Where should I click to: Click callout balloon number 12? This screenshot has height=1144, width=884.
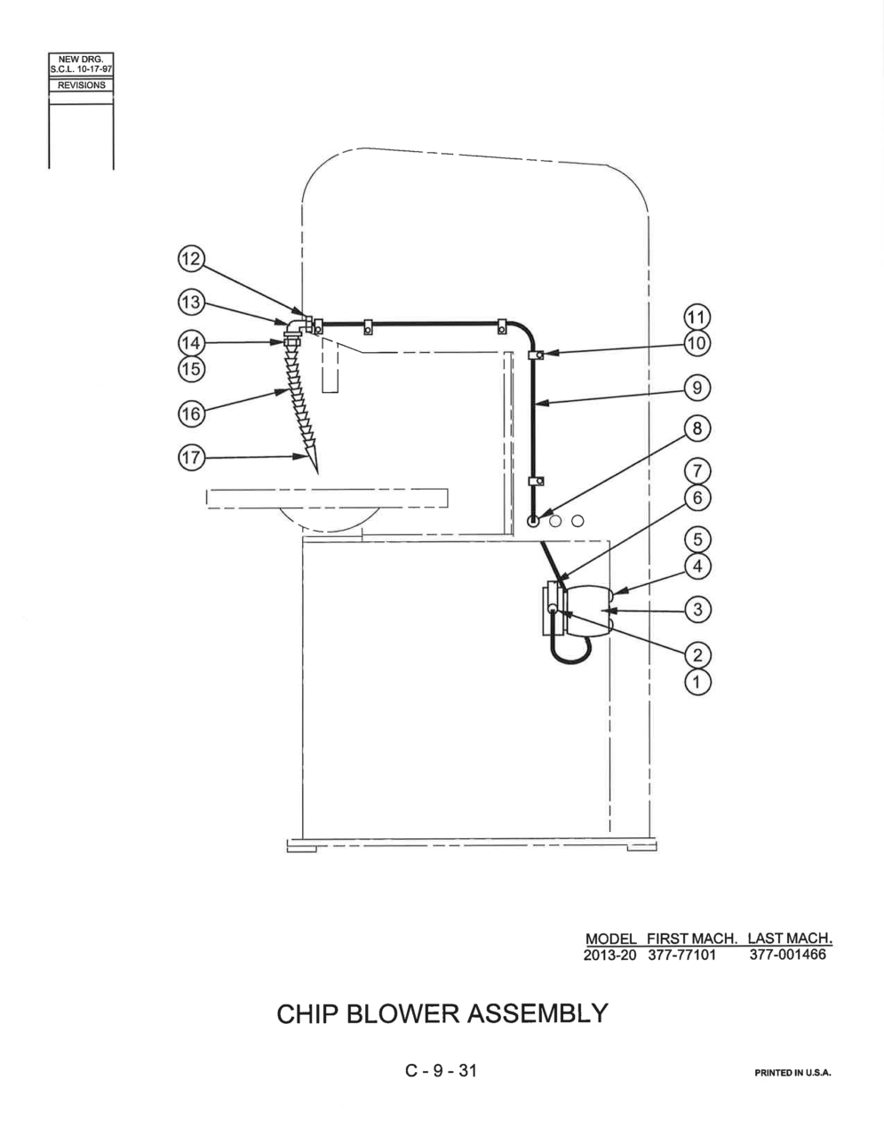pos(191,259)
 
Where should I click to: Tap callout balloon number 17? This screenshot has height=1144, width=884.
pos(191,457)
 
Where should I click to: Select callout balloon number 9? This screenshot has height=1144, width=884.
pos(697,388)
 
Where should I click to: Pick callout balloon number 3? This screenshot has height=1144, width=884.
pos(697,610)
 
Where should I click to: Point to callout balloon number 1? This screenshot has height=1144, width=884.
pos(697,683)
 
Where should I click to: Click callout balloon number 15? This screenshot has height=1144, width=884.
pos(191,369)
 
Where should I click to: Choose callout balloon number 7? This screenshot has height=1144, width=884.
pos(697,470)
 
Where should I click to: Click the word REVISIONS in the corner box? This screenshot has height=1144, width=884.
pos(81,85)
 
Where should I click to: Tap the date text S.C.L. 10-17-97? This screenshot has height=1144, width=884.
pos(81,69)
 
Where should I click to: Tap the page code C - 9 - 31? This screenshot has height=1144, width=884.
pos(441,1070)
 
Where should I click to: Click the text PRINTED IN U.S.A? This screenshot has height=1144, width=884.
pos(793,1073)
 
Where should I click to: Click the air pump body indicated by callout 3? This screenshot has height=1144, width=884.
pos(588,610)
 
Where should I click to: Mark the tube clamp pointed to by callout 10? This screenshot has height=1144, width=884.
pos(536,356)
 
